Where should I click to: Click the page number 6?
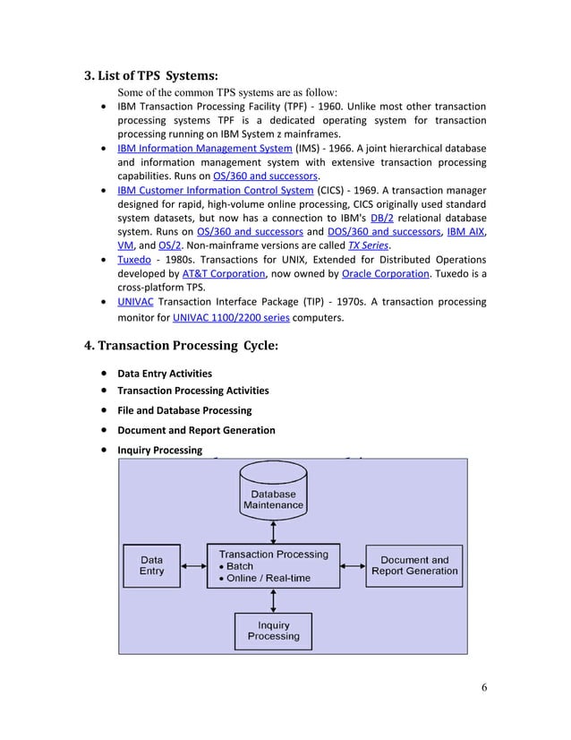(483, 687)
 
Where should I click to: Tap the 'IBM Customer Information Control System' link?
(216, 191)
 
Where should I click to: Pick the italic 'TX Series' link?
(369, 247)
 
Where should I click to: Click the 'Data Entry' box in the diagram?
(151, 565)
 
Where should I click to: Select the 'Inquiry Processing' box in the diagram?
(273, 631)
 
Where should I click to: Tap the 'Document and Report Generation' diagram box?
(413, 565)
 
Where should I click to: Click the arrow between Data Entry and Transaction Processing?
(193, 566)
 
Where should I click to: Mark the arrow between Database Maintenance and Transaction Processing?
(273, 532)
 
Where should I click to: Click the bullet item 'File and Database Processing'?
(184, 410)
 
